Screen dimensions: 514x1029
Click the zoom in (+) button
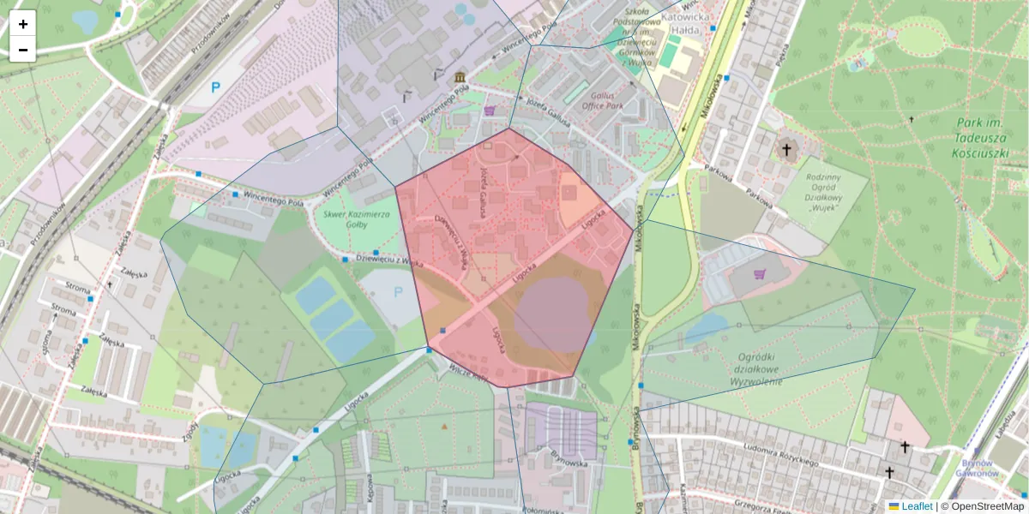click(23, 23)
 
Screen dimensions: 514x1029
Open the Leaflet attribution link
click(916, 506)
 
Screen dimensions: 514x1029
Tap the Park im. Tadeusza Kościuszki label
click(984, 139)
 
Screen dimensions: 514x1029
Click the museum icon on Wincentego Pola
click(461, 78)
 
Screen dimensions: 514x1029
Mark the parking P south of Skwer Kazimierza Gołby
click(398, 292)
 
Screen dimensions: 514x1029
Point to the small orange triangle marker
click(444, 426)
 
